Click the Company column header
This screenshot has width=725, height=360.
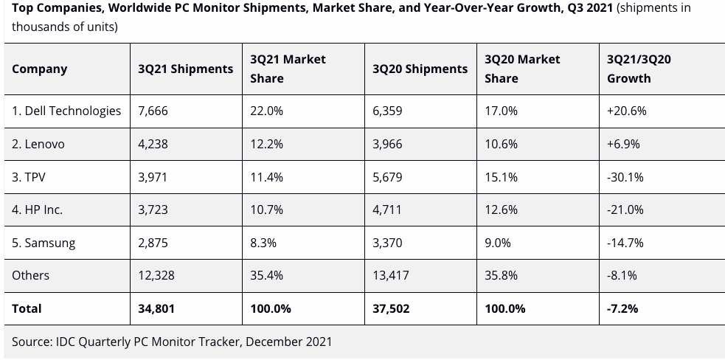[39, 69]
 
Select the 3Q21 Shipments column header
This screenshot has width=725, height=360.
[185, 69]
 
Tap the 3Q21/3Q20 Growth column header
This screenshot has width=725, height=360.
[639, 69]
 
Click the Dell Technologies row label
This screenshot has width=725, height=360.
[66, 111]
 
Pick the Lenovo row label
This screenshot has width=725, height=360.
[38, 144]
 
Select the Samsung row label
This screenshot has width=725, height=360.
[44, 243]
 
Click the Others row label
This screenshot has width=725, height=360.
[31, 275]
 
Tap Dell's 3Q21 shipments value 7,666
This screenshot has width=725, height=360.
[153, 111]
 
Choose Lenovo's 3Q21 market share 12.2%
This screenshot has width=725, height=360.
[267, 144]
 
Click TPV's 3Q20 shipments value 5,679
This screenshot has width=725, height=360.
[387, 177]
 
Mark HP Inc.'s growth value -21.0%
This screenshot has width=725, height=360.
[625, 210]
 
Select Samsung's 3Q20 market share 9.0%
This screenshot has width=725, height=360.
[498, 243]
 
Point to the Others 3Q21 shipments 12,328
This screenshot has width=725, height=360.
[156, 275]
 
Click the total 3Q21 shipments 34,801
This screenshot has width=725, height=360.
[156, 308]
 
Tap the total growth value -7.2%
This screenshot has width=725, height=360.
[622, 308]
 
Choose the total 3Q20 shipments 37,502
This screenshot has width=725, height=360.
[391, 308]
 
